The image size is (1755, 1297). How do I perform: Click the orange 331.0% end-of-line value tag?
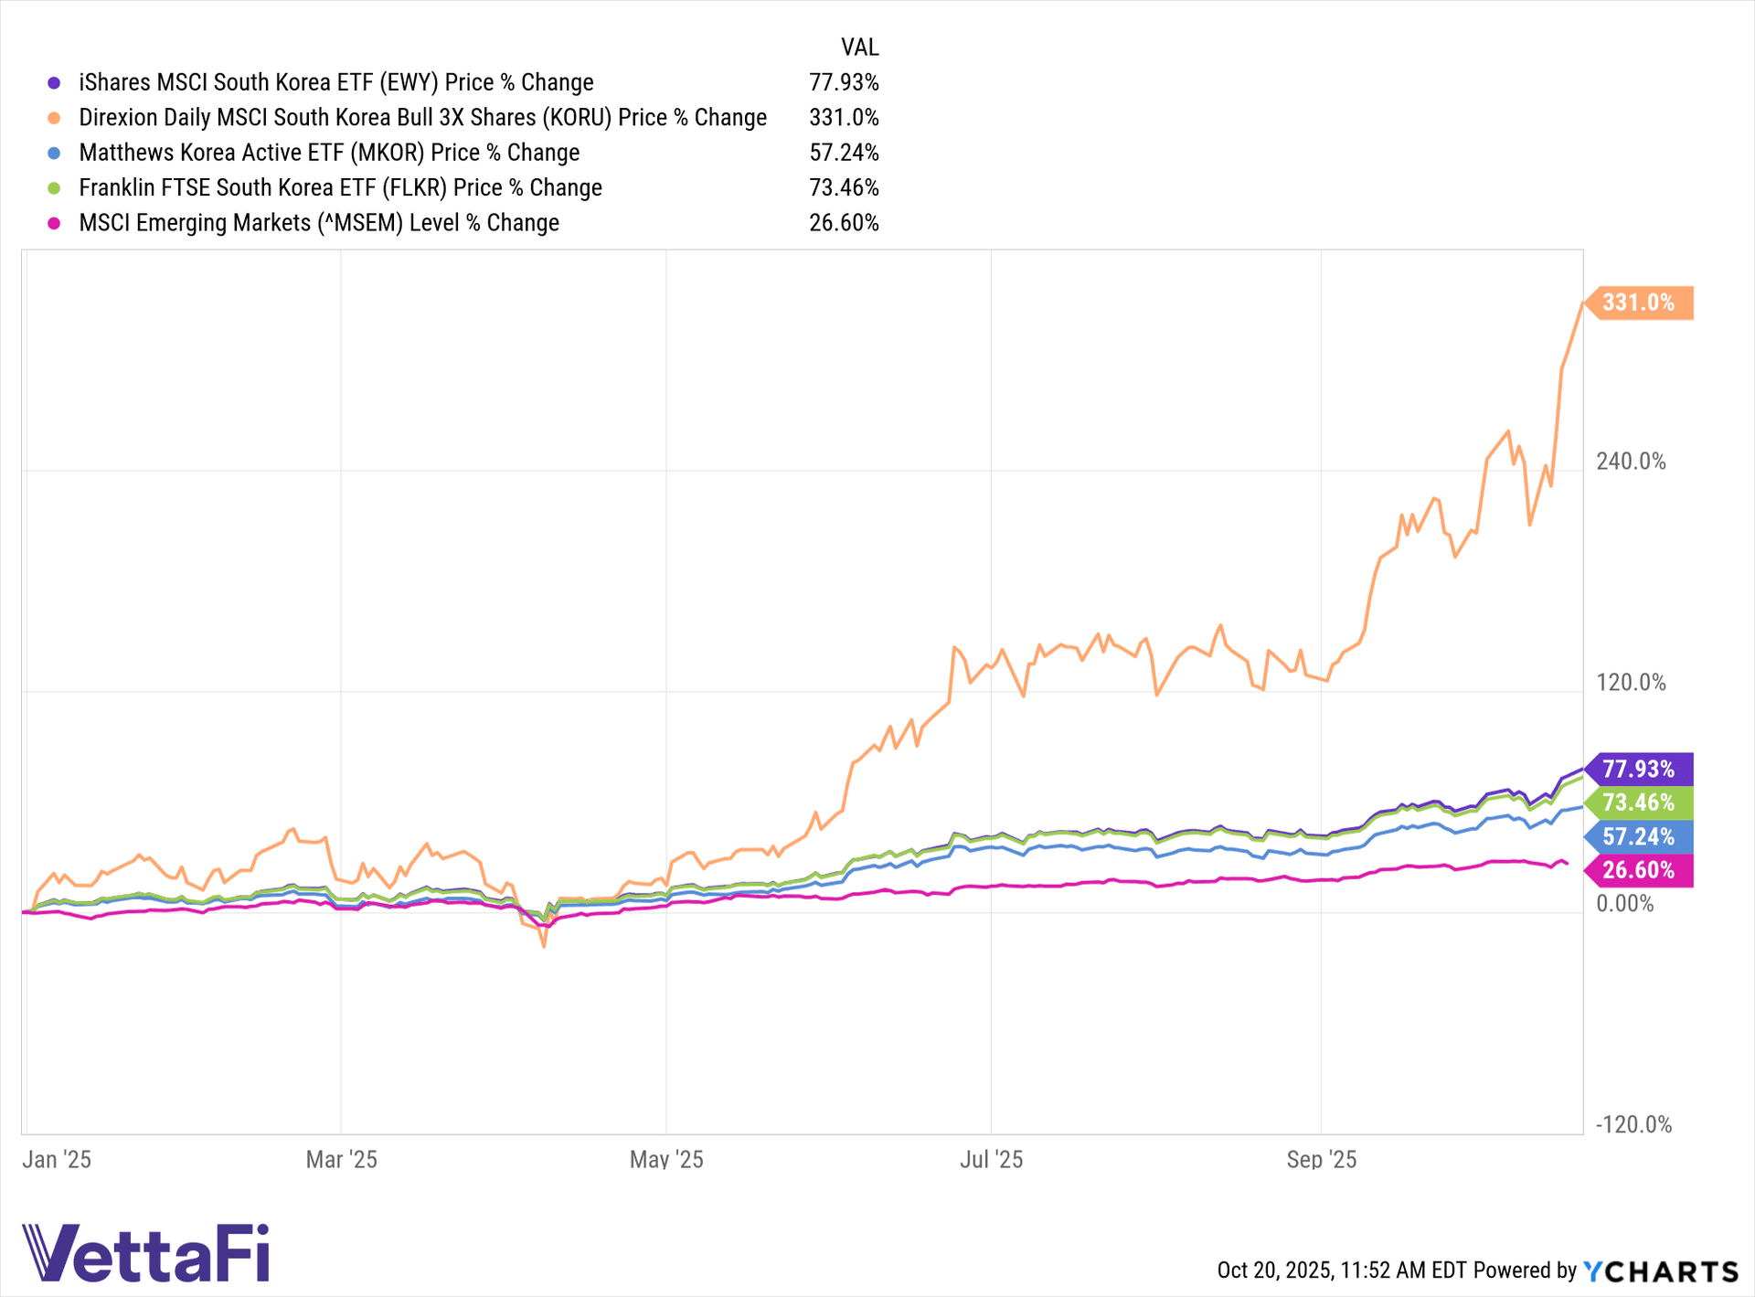click(x=1638, y=303)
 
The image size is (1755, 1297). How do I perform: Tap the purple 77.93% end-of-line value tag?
click(x=1638, y=769)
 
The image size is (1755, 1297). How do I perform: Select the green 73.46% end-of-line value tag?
click(x=1638, y=803)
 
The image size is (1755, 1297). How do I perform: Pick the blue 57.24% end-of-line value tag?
click(x=1638, y=836)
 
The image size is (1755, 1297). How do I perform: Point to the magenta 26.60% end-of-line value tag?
click(x=1638, y=870)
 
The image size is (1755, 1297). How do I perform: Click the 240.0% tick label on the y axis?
click(x=1631, y=462)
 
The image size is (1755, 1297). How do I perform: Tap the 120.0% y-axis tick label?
click(x=1631, y=683)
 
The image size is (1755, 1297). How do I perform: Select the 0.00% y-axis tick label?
click(x=1624, y=904)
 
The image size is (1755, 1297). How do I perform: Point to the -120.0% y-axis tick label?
click(x=1633, y=1125)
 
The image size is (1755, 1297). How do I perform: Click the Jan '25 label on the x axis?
click(x=57, y=1160)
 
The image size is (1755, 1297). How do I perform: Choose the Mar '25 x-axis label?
click(x=341, y=1160)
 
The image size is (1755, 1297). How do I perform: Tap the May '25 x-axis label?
click(x=666, y=1160)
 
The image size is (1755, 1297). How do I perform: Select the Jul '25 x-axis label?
click(x=991, y=1160)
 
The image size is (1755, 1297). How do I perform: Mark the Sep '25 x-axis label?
click(x=1321, y=1160)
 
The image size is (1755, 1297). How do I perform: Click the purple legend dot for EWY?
click(x=54, y=83)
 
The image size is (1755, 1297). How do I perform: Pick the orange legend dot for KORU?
click(x=54, y=118)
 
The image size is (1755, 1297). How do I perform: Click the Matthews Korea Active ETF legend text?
click(x=329, y=153)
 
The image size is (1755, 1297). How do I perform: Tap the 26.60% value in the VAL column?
click(x=844, y=223)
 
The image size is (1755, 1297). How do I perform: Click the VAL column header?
click(x=859, y=48)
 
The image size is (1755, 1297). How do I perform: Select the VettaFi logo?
click(x=146, y=1253)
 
